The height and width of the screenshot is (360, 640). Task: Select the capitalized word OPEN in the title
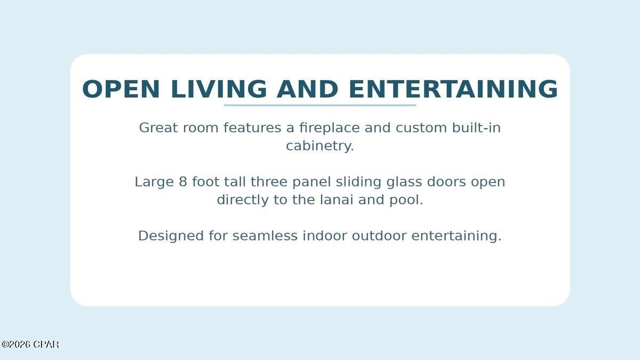click(121, 89)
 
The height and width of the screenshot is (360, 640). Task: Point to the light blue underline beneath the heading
click(320, 105)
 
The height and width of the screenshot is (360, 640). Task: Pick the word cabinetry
click(319, 146)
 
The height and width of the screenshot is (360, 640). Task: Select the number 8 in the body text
click(183, 182)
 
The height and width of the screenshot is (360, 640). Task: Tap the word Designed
click(171, 236)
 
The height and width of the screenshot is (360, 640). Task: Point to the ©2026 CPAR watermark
click(30, 345)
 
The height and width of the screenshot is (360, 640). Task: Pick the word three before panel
click(269, 182)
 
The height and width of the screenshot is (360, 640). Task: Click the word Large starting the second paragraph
click(154, 182)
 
